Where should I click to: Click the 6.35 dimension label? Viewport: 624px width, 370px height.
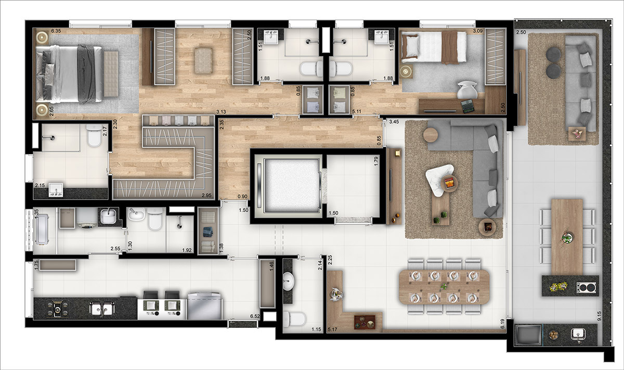coord(56,32)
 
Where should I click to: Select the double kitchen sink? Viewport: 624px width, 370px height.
coord(101,309)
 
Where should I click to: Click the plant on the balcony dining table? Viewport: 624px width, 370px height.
coord(567,237)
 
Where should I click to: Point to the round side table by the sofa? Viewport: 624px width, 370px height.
coord(431,135)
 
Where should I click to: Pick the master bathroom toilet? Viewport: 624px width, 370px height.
coord(94,136)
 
